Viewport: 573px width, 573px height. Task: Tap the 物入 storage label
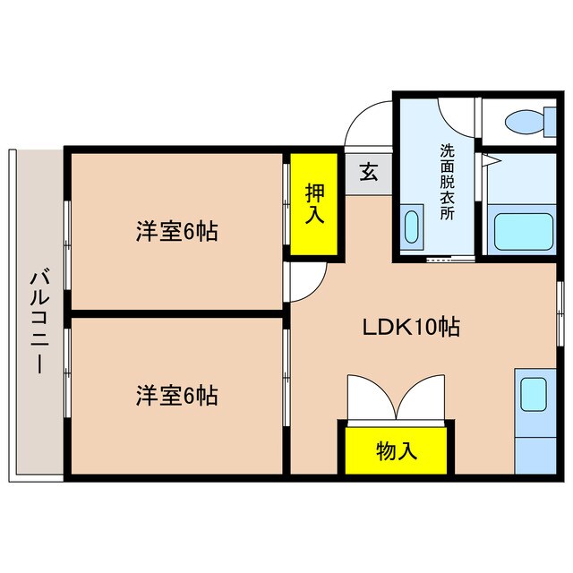[396, 451]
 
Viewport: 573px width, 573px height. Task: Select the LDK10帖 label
[411, 328]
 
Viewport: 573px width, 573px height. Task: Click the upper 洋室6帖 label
[177, 232]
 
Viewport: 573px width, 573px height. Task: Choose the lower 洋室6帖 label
[177, 394]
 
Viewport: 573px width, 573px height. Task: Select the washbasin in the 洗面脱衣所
[413, 226]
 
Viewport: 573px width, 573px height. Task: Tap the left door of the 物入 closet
[368, 398]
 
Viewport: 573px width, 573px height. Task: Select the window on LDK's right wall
[561, 308]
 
